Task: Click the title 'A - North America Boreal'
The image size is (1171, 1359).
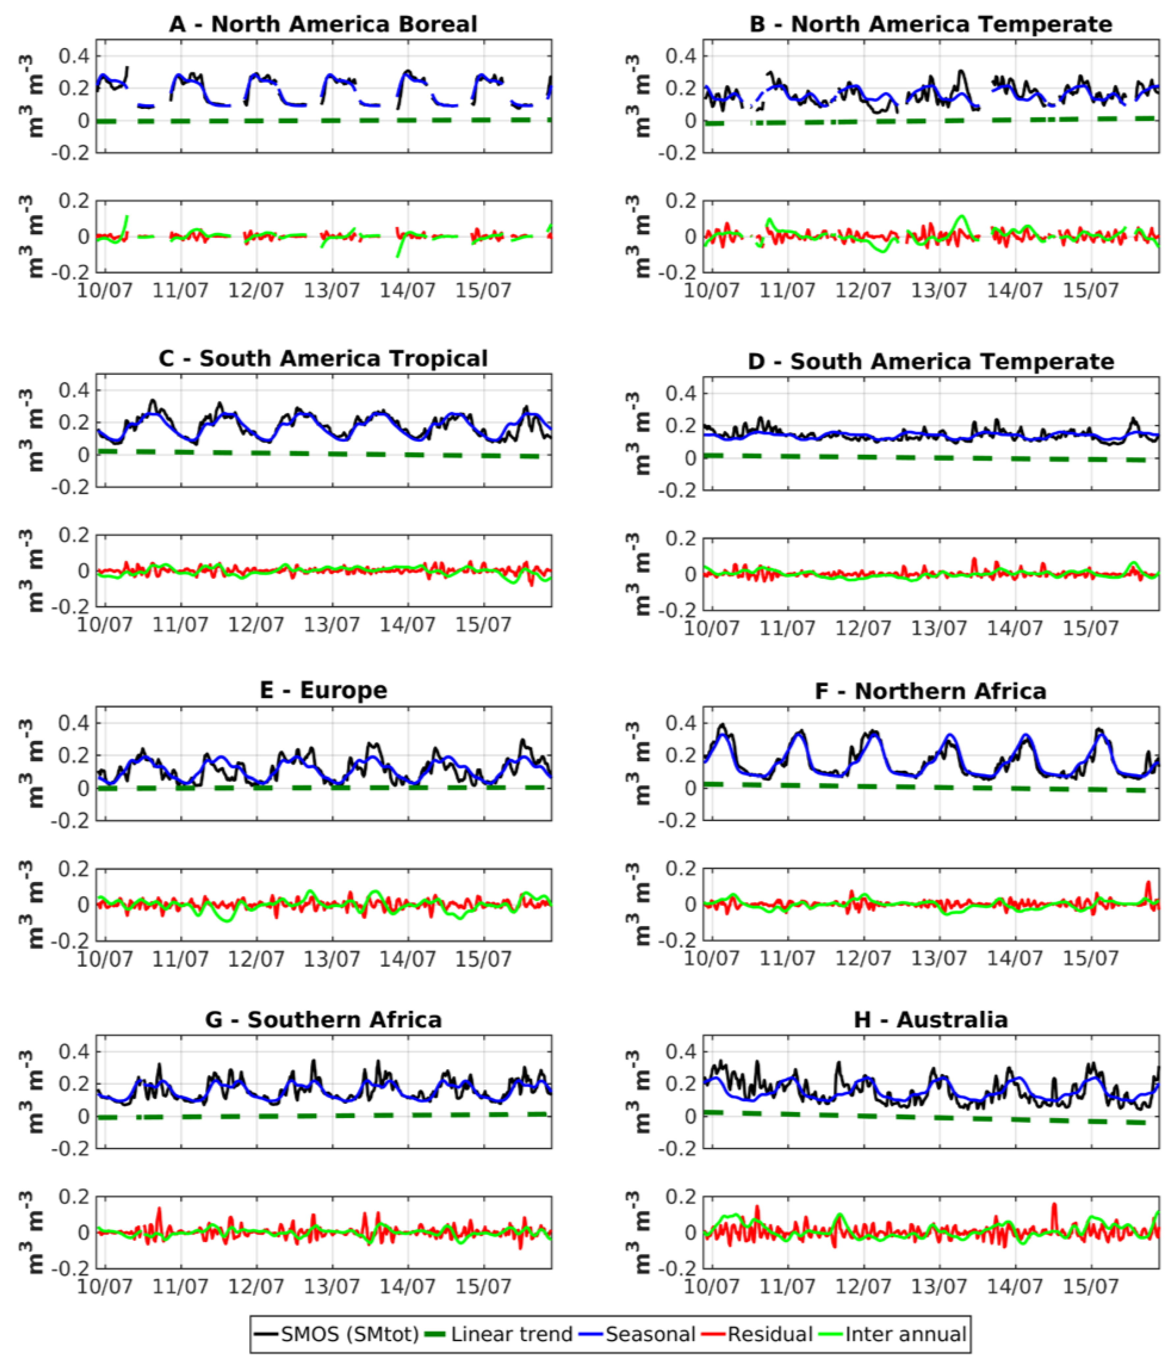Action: tap(323, 24)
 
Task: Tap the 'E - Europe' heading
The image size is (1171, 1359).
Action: tap(323, 690)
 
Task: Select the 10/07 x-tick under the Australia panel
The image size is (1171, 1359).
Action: tap(711, 1287)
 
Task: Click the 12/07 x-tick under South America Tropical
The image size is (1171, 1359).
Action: tap(256, 624)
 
